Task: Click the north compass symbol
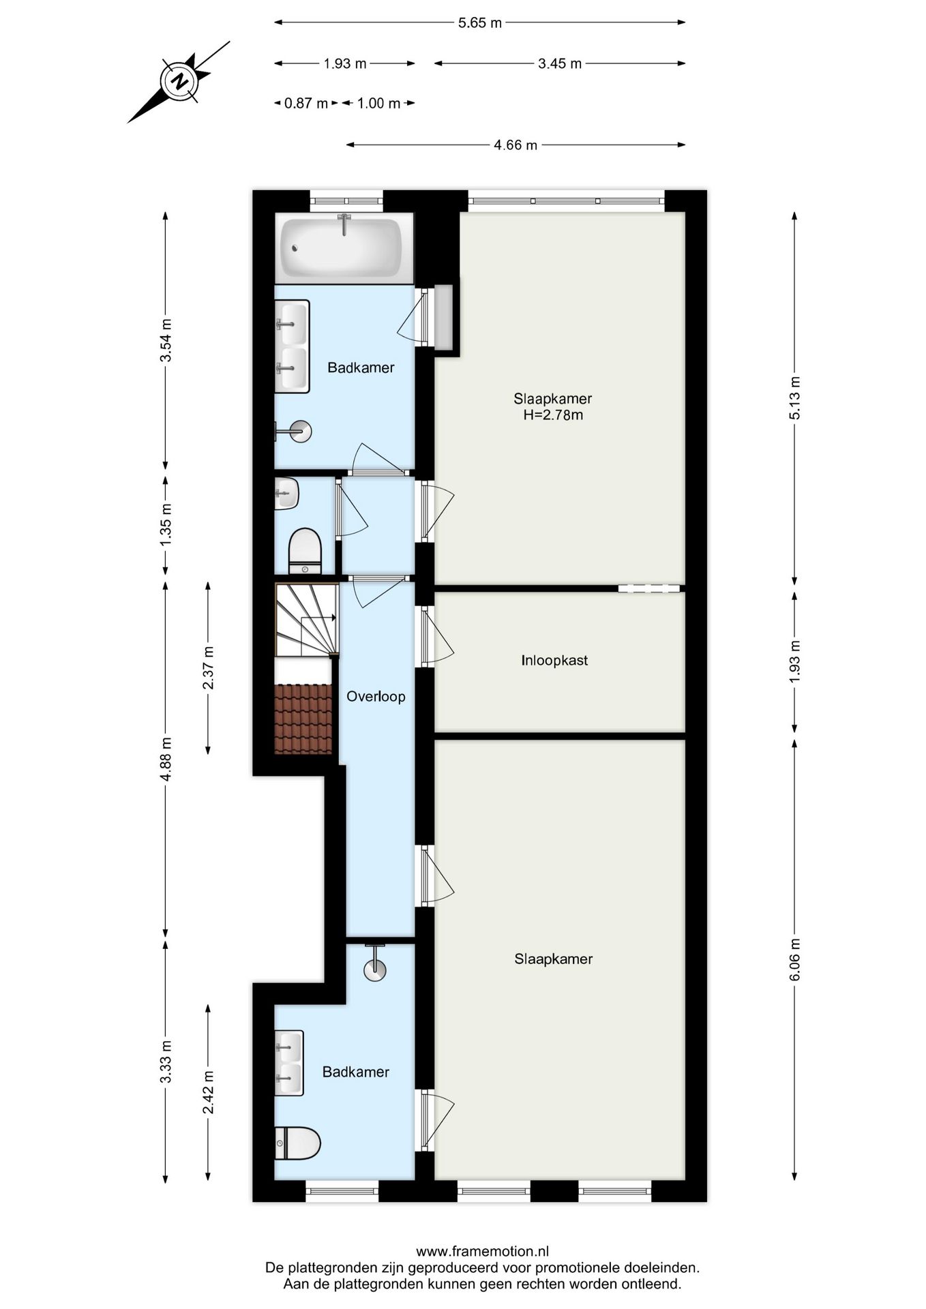pyautogui.click(x=179, y=82)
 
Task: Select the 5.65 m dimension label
pyautogui.click(x=479, y=22)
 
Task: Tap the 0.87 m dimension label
pyautogui.click(x=306, y=104)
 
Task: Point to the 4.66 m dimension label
pyautogui.click(x=516, y=145)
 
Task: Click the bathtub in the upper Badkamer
pyautogui.click(x=344, y=248)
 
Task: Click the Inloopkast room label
pyautogui.click(x=554, y=661)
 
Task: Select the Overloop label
pyautogui.click(x=376, y=697)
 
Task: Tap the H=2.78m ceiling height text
pyautogui.click(x=553, y=415)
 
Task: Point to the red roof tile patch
pyautogui.click(x=303, y=719)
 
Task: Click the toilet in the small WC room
pyautogui.click(x=305, y=551)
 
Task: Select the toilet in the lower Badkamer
pyautogui.click(x=298, y=1143)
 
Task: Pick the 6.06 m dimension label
pyautogui.click(x=795, y=959)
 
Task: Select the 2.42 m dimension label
pyautogui.click(x=209, y=1092)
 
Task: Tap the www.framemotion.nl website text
pyautogui.click(x=482, y=1252)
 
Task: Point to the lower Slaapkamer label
pyautogui.click(x=553, y=959)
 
